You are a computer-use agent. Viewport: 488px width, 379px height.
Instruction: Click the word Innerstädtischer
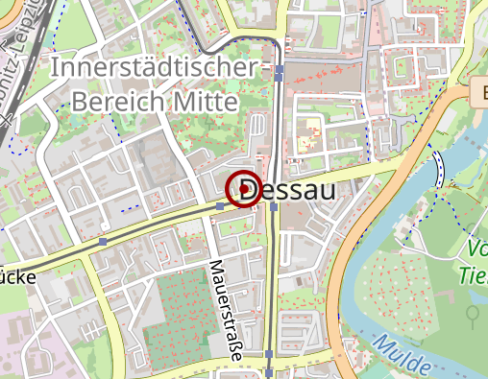154,69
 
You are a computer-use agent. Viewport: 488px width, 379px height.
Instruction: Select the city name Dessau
287,189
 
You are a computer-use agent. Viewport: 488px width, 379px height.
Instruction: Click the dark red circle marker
243,189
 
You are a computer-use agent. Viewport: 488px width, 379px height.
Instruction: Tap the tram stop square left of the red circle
221,206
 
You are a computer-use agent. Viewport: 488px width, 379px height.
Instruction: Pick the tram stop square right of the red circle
274,206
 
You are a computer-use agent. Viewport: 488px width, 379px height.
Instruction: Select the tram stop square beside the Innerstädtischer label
279,70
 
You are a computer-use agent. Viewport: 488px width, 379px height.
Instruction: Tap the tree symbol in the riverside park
472,314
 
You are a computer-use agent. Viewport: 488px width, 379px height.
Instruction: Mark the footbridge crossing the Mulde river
439,169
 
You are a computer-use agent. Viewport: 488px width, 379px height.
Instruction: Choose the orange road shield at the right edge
480,93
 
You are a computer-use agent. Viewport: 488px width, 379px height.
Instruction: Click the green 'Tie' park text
472,275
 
